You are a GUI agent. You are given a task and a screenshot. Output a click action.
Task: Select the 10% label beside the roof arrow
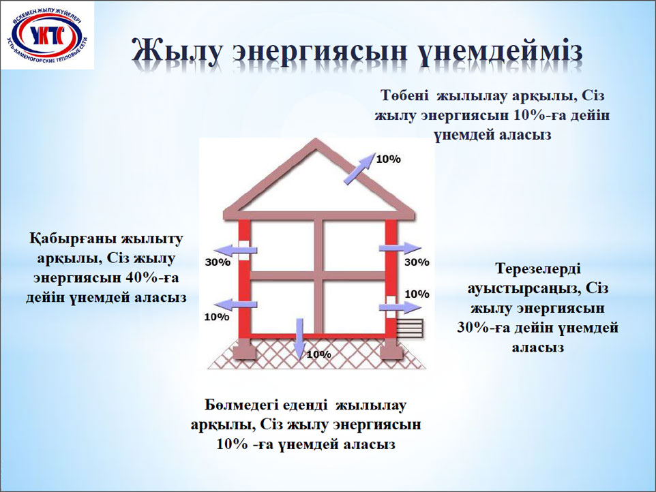pos(388,159)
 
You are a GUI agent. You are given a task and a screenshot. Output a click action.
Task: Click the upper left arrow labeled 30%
pos(237,250)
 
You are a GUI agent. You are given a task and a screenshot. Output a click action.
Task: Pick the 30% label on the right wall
pos(417,262)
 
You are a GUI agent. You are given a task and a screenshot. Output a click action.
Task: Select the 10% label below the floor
pos(319,354)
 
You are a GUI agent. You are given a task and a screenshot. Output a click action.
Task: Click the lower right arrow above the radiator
pos(400,307)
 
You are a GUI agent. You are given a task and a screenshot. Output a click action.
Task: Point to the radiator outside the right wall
pos(411,328)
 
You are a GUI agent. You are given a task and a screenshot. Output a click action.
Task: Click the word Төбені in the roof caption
pos(404,95)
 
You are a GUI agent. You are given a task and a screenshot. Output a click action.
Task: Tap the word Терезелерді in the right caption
pos(538,268)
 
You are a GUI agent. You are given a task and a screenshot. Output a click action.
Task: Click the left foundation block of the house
pos(244,349)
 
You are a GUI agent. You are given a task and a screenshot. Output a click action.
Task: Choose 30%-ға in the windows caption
pos(483,327)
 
